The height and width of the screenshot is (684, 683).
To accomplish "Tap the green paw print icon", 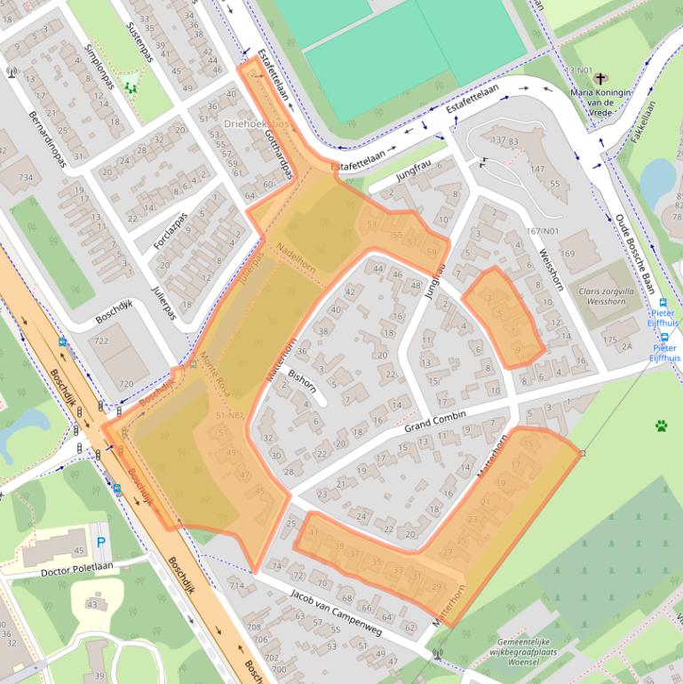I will tap(661, 426).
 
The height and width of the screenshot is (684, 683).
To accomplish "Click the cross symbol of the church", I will tap(600, 79).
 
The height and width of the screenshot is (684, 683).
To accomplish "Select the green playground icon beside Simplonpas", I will tap(131, 87).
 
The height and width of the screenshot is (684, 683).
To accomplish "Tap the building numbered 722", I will tap(102, 341).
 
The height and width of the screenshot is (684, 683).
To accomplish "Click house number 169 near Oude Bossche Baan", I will tap(568, 253).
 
